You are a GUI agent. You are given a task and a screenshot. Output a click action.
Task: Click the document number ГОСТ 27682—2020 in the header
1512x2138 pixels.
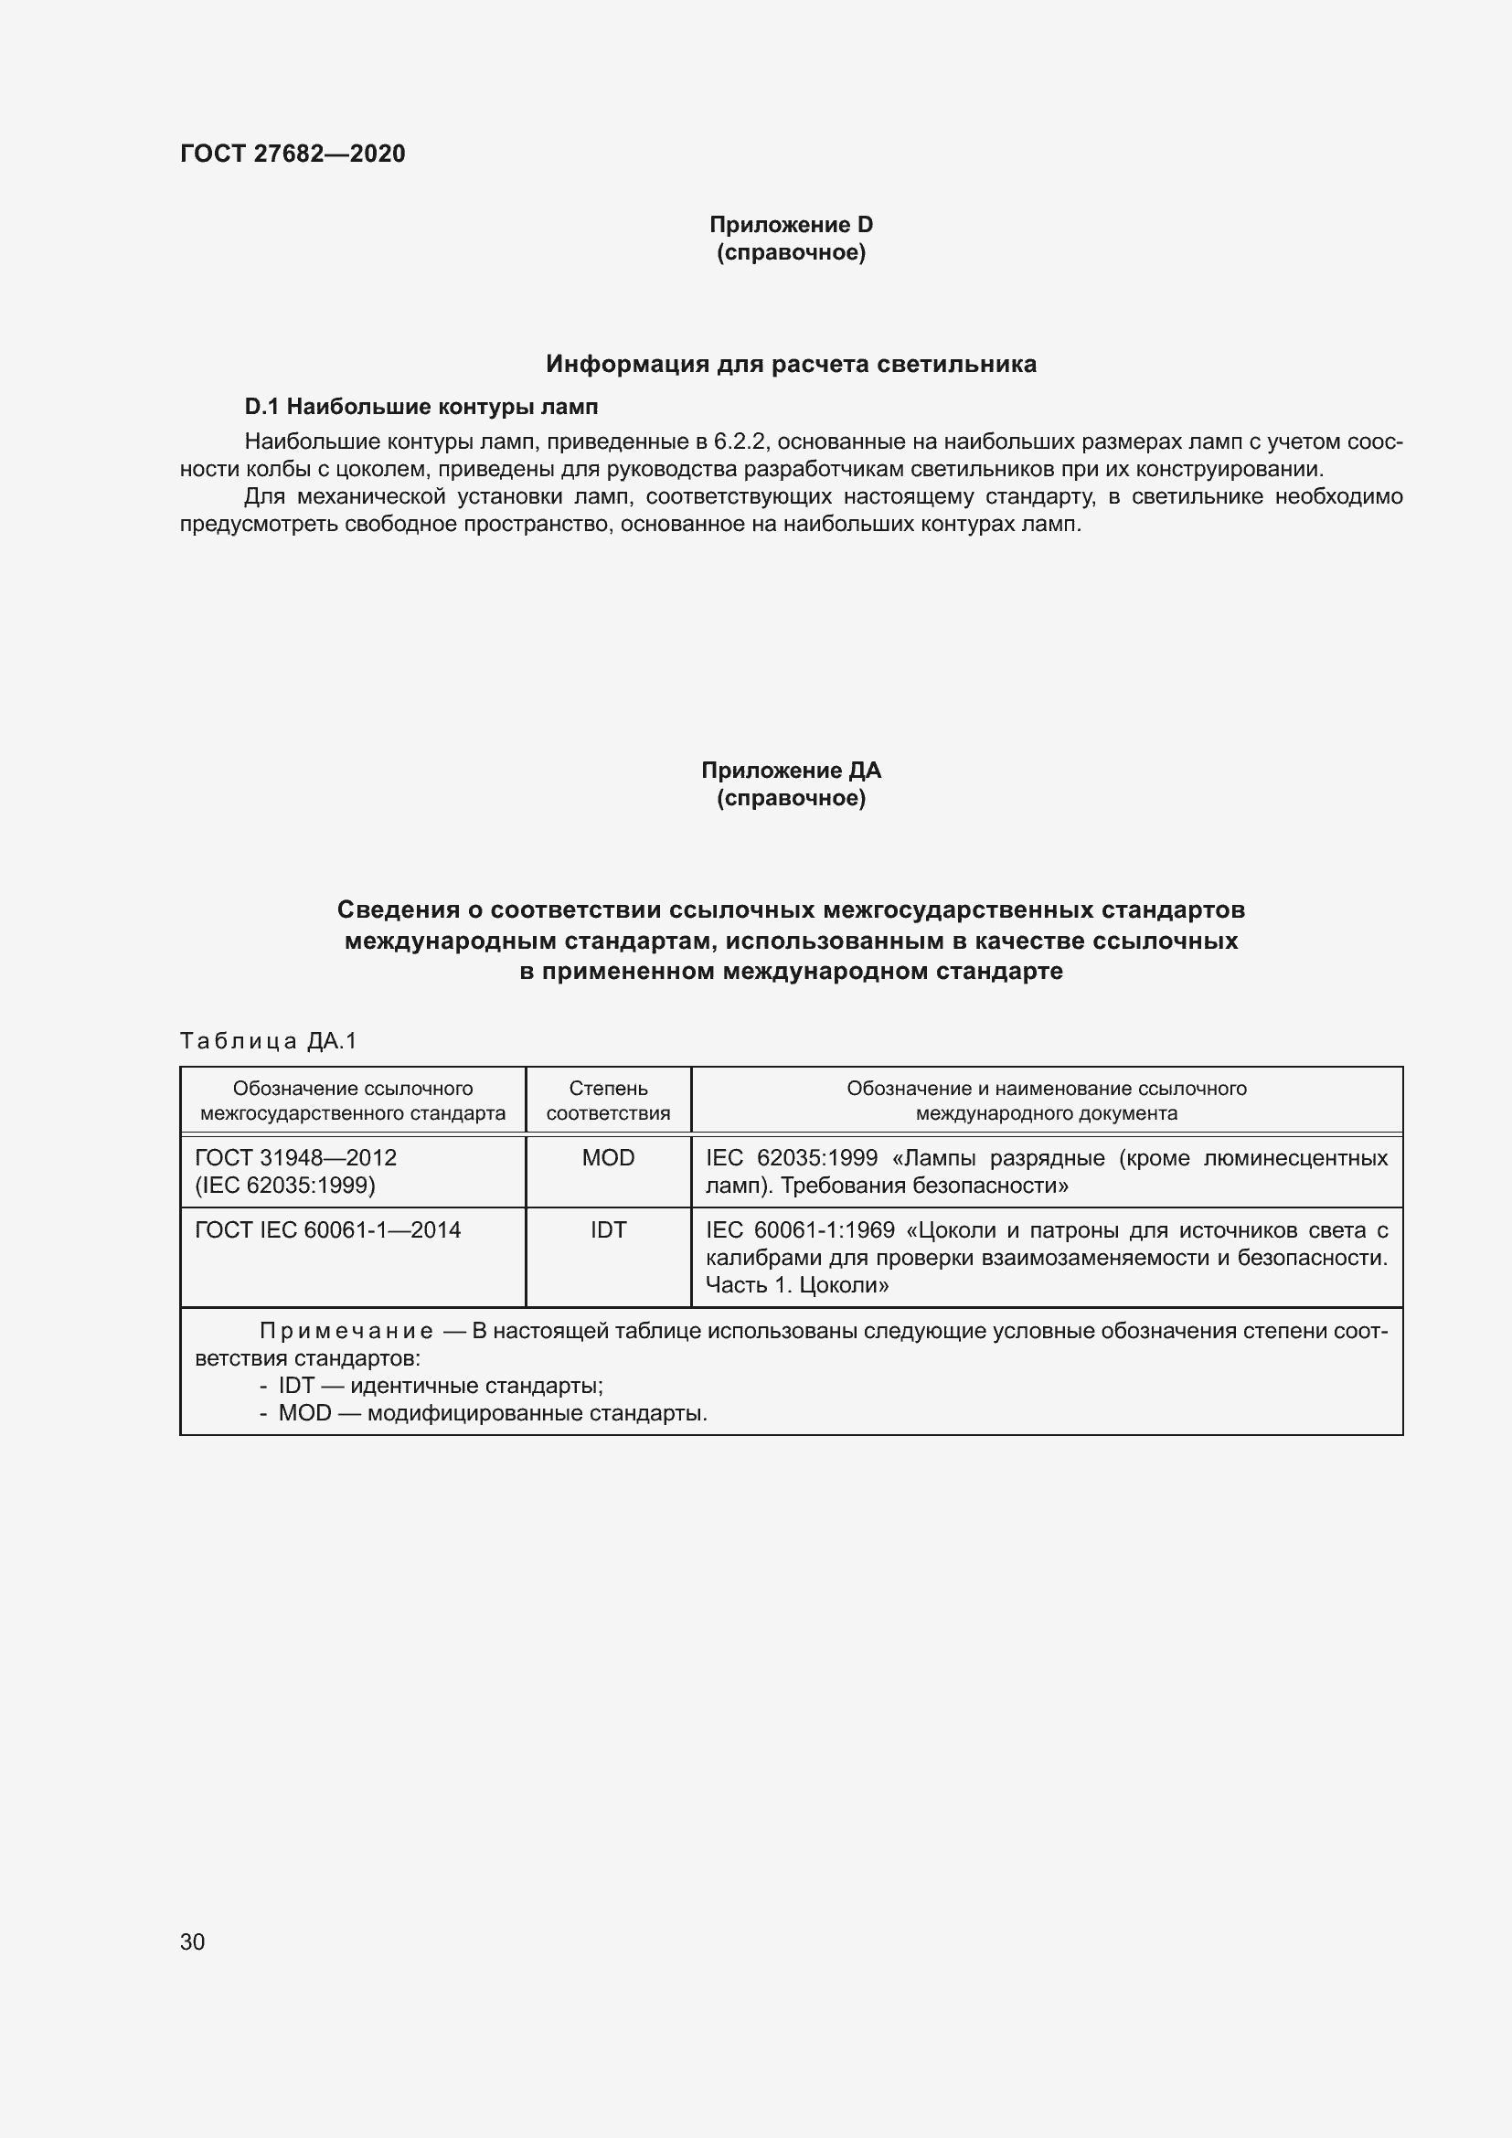293,154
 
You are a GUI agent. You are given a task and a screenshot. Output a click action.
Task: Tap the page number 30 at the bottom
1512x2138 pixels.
192,1941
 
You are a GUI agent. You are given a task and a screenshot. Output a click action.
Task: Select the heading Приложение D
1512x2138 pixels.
791,225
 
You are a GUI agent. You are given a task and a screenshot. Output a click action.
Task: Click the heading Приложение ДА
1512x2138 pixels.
791,770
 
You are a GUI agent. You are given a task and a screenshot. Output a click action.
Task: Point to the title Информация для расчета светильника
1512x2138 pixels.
791,364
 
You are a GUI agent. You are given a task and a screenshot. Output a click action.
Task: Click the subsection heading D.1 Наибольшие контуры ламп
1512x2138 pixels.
421,407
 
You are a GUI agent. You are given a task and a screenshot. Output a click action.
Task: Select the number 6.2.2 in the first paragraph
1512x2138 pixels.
740,441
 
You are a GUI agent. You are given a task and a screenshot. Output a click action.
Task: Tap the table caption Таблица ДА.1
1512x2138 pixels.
268,1041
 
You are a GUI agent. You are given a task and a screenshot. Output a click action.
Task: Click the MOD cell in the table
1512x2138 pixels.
608,1157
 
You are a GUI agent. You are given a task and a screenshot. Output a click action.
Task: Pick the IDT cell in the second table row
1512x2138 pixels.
608,1230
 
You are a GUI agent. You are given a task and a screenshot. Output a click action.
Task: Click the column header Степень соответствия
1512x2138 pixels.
608,1101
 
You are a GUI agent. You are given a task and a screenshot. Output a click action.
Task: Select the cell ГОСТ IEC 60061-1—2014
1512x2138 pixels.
328,1230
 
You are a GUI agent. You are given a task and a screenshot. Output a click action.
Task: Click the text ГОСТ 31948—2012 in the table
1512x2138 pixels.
296,1157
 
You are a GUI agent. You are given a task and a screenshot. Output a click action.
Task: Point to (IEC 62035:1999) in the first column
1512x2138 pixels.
285,1186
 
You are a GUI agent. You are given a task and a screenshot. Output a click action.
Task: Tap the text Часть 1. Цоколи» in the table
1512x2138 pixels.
796,1285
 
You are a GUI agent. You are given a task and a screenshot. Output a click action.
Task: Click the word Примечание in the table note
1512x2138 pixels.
346,1332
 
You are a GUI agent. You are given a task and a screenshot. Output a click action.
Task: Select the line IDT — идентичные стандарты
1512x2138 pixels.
440,1386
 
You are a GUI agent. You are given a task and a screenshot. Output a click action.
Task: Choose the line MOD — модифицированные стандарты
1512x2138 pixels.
493,1412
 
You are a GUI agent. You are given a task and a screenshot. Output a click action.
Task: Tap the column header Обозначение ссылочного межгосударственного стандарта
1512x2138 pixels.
353,1101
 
